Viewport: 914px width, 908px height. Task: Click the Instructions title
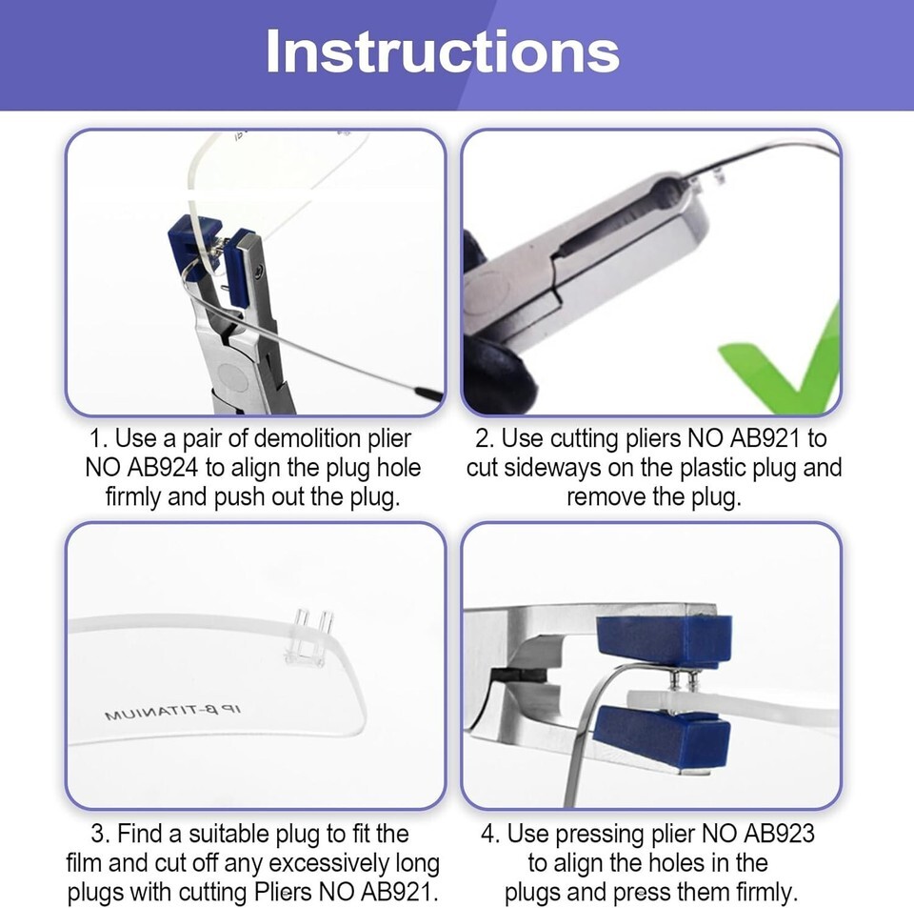tap(443, 51)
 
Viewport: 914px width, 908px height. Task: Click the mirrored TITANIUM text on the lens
tap(172, 713)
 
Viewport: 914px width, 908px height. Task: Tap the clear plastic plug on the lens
tap(306, 638)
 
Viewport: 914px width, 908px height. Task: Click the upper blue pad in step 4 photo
tap(665, 640)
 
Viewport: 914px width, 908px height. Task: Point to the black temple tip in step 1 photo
tap(428, 392)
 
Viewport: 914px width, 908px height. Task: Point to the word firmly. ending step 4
tap(765, 893)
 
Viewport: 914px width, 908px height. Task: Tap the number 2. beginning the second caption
tap(485, 438)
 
